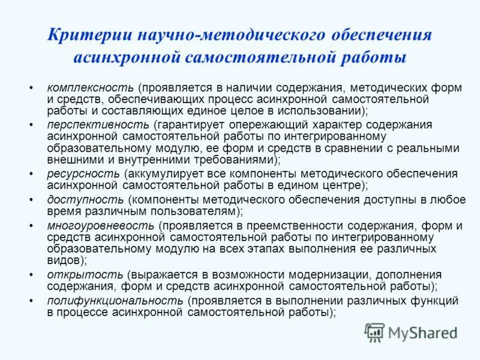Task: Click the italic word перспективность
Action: [98, 124]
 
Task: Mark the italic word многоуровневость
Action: [100, 226]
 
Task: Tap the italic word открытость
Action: [80, 274]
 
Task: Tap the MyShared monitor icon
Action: [375, 332]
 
